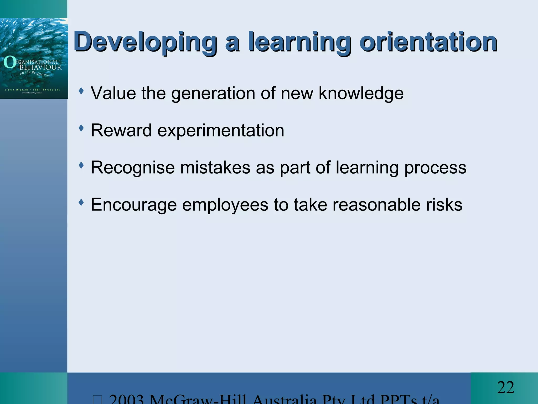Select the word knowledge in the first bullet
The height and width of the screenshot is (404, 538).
361,93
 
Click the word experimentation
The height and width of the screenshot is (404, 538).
221,130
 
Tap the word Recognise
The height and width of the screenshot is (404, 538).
133,168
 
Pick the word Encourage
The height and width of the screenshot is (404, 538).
134,205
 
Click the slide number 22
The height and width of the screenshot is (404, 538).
505,387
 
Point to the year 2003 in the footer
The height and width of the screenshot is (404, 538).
126,399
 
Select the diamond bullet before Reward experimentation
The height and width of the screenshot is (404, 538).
81,128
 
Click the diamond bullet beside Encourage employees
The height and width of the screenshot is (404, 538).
81,203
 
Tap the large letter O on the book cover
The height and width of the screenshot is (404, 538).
9,62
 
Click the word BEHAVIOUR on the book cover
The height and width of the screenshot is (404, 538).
41,67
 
